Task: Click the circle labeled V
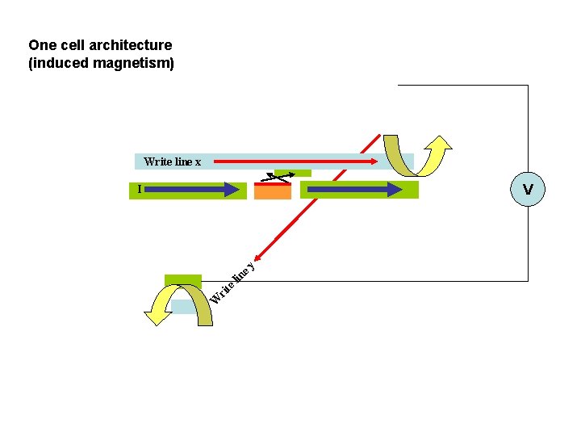coord(528,189)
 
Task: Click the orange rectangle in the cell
coord(273,192)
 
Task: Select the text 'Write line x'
coord(172,161)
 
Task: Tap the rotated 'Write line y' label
coord(232,283)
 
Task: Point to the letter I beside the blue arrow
coord(139,189)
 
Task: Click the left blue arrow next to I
coord(194,190)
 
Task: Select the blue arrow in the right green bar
coord(355,190)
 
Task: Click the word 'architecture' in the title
coord(133,45)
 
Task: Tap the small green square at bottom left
coord(183,281)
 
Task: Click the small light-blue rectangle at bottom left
coord(185,307)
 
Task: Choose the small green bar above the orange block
coord(292,173)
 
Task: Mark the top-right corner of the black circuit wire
coord(528,86)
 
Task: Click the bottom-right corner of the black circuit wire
coord(528,281)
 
